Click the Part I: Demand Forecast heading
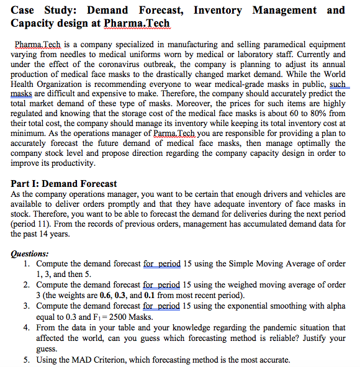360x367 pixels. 64,184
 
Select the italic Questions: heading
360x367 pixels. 30,253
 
